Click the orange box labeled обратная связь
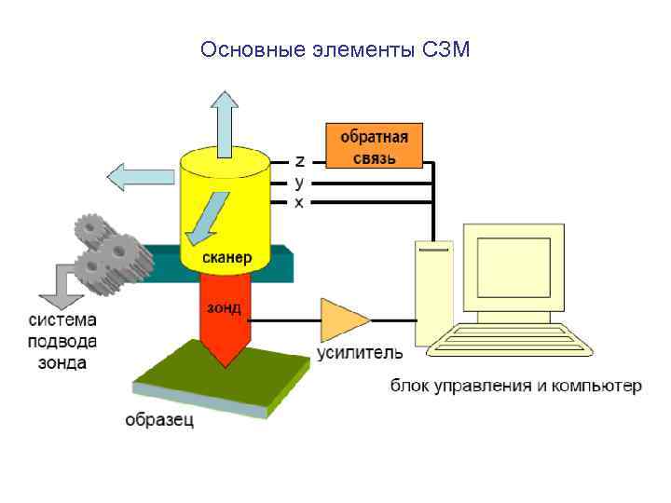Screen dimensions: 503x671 click(373, 145)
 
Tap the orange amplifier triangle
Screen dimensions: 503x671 click(341, 320)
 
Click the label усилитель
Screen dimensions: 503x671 click(361, 353)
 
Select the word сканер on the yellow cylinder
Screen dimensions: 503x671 click(226, 255)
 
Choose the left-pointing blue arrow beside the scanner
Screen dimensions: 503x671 click(140, 175)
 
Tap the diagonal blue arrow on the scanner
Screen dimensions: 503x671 click(206, 214)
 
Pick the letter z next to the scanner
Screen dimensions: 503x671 click(299, 159)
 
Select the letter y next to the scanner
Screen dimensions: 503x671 click(299, 181)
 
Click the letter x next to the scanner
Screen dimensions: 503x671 click(299, 202)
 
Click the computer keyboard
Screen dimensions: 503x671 click(508, 340)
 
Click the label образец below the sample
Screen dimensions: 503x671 click(159, 420)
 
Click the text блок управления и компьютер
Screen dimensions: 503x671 click(515, 385)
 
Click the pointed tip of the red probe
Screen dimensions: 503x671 click(225, 363)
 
